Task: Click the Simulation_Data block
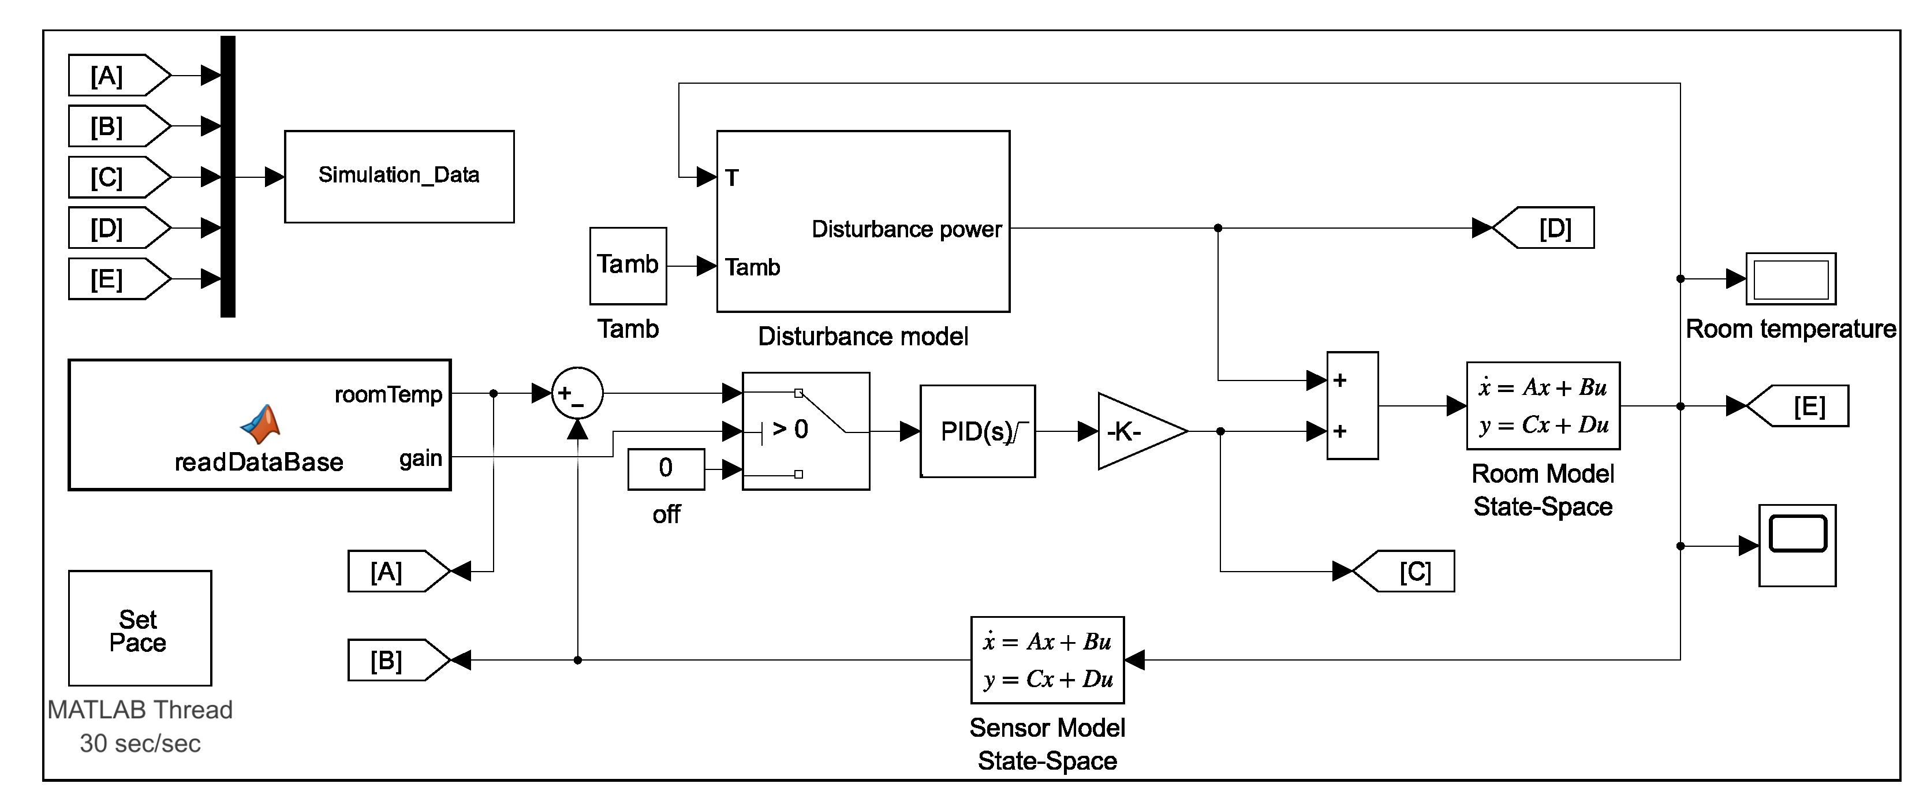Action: tap(399, 177)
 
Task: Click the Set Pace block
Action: tap(140, 628)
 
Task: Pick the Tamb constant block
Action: tap(628, 266)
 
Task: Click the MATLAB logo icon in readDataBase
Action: tap(260, 424)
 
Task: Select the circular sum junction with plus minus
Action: tap(577, 393)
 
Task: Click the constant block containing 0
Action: tap(666, 469)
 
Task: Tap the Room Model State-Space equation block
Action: tap(1543, 406)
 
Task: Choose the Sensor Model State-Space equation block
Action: tap(1047, 660)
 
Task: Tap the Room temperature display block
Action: tap(1790, 279)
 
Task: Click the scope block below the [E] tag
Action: tap(1796, 546)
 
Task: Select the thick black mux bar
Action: tap(228, 177)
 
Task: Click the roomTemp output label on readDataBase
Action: tap(389, 394)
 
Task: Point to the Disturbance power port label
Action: tap(906, 229)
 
